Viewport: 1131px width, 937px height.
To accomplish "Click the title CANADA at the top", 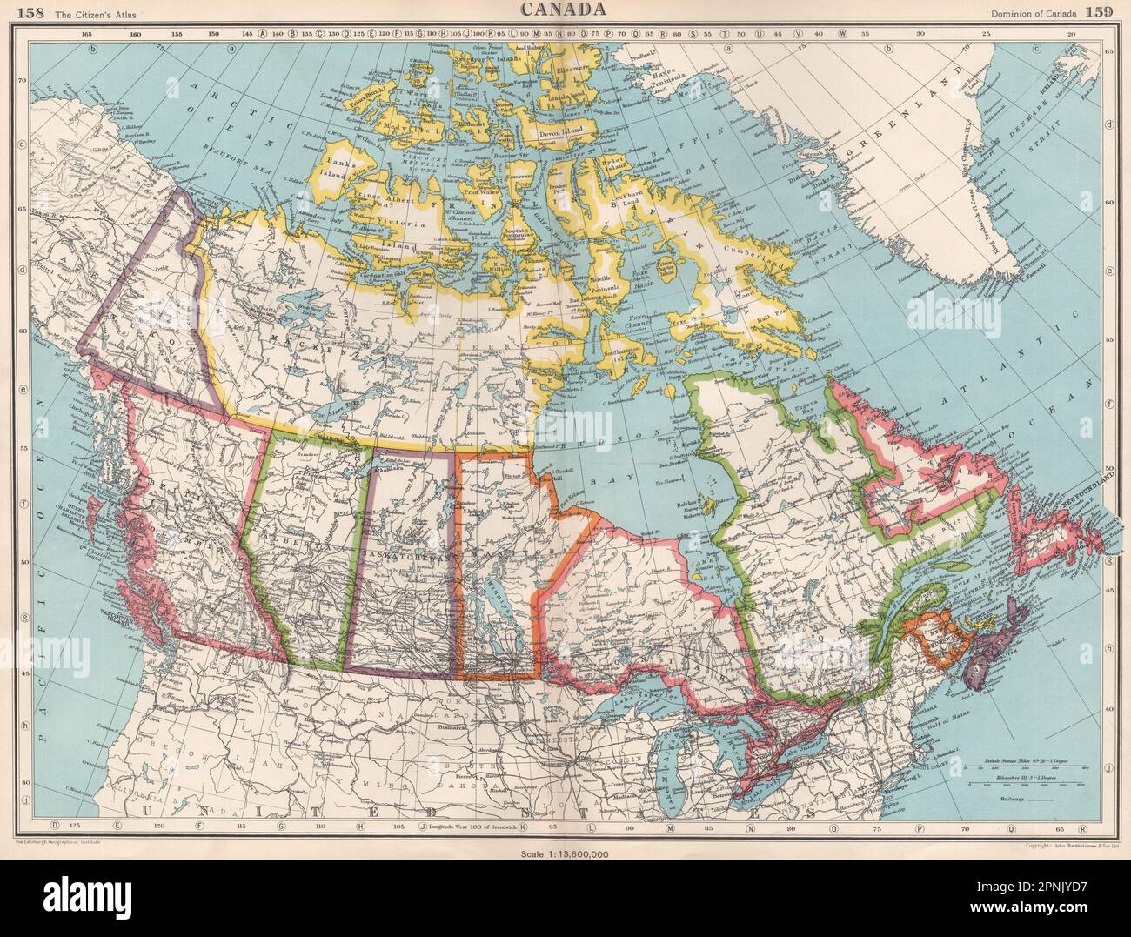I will [x=565, y=10].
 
